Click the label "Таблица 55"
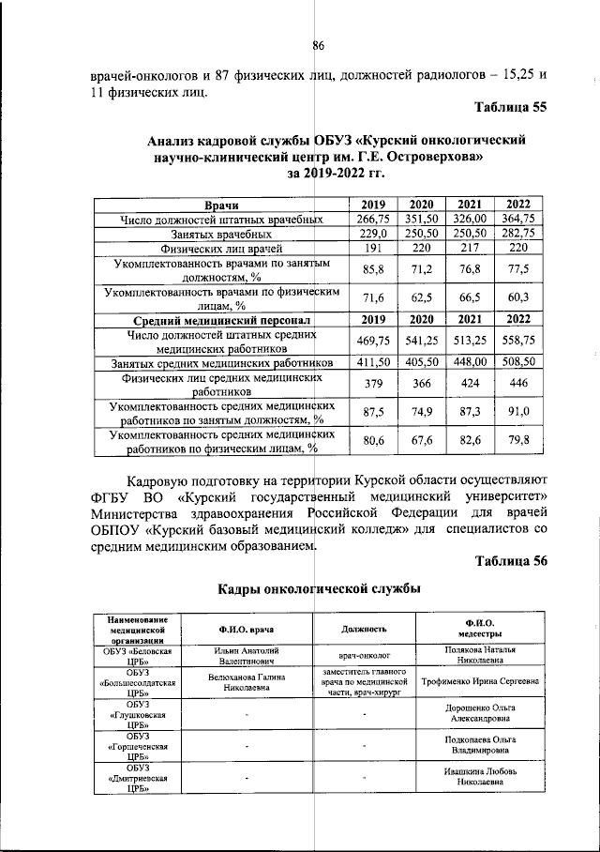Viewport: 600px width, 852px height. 511,106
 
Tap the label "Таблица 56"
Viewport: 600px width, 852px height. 510,560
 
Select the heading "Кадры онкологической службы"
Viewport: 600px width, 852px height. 318,588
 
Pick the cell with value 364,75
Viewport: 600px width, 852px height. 517,219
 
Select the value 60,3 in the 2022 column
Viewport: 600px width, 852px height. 517,297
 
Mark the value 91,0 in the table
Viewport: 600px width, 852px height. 517,411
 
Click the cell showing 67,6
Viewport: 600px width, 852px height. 421,440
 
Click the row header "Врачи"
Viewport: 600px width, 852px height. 221,205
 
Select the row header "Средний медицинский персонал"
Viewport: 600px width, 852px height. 221,319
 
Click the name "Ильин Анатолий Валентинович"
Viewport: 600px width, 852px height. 246,655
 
